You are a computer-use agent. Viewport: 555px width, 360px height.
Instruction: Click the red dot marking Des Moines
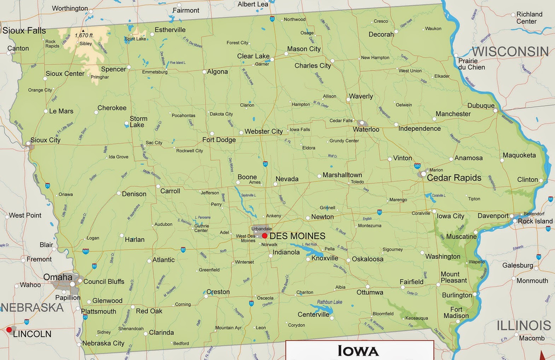point(265,236)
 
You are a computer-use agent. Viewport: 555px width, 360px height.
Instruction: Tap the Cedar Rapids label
point(454,178)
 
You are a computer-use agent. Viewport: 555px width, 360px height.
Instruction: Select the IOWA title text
point(358,351)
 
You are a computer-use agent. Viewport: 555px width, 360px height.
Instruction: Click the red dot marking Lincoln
point(9,330)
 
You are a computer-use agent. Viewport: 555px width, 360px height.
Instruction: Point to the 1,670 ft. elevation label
point(84,35)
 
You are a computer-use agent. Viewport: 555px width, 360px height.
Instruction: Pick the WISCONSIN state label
point(510,52)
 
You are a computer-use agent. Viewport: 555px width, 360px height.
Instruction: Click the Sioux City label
point(45,140)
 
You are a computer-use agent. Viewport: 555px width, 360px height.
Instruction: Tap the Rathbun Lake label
point(329,302)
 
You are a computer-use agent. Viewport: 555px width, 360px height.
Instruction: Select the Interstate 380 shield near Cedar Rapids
point(417,166)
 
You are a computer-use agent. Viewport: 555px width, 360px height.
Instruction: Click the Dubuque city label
point(481,105)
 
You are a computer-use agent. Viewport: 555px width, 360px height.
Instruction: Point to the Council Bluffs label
point(104,281)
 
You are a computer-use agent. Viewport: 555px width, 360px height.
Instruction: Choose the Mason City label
point(303,49)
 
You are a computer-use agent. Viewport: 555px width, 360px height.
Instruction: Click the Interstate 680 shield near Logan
point(86,251)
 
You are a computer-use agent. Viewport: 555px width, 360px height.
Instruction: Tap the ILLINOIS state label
point(524,325)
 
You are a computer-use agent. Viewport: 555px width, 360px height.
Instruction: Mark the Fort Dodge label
point(219,140)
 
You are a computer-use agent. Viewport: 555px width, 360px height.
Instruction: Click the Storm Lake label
point(138,122)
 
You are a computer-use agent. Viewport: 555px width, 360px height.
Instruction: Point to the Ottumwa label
point(370,292)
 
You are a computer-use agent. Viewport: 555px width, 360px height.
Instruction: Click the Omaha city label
point(58,277)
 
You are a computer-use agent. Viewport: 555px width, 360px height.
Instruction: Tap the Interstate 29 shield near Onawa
point(47,185)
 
